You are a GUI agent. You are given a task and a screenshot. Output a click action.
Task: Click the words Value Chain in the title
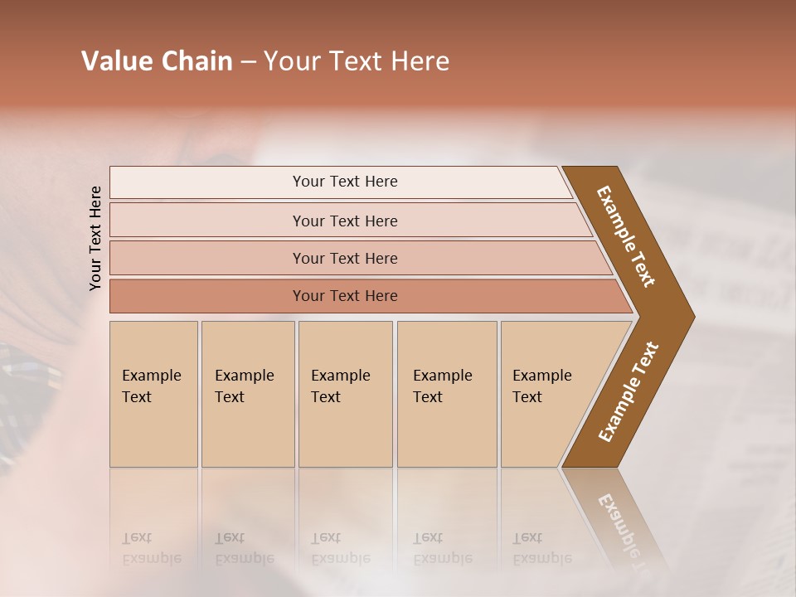157,61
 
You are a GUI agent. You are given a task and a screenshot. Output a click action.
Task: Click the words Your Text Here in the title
357,61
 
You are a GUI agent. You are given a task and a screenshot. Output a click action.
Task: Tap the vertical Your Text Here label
95,238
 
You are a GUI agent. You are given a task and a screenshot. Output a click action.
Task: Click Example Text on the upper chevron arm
626,236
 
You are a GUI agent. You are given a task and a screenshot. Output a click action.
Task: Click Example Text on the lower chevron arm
628,391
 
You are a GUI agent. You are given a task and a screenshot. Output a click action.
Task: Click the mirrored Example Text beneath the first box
151,548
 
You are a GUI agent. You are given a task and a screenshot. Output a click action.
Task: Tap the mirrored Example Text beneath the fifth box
541,548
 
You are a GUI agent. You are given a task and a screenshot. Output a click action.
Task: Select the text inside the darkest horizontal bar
345,296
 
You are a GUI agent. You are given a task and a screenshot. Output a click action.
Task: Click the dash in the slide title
247,62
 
